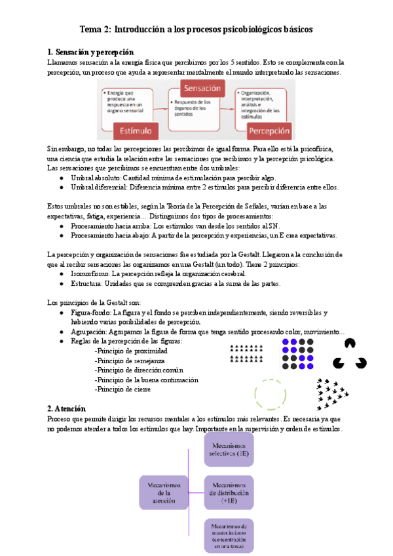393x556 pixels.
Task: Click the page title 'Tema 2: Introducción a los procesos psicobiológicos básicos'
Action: (x=196, y=30)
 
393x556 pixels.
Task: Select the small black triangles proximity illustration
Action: (x=248, y=353)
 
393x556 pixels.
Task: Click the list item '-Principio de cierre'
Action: (x=122, y=389)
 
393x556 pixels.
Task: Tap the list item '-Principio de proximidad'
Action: (x=131, y=351)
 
